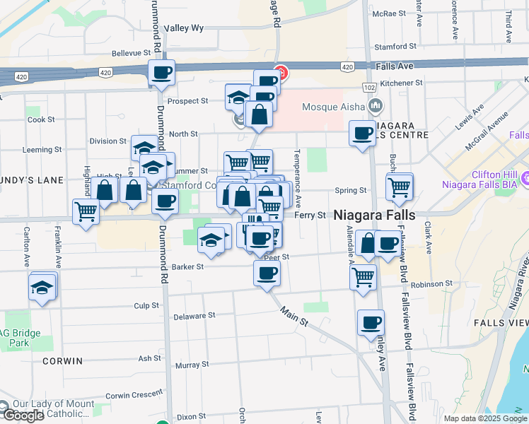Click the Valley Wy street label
tap(184, 28)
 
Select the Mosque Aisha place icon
tap(375, 107)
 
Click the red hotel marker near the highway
tap(281, 72)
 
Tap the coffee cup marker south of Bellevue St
tap(161, 72)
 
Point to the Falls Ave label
tap(395, 66)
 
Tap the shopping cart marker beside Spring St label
tap(400, 187)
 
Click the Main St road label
tap(294, 316)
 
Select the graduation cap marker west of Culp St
tap(42, 287)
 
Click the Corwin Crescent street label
tap(134, 396)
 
